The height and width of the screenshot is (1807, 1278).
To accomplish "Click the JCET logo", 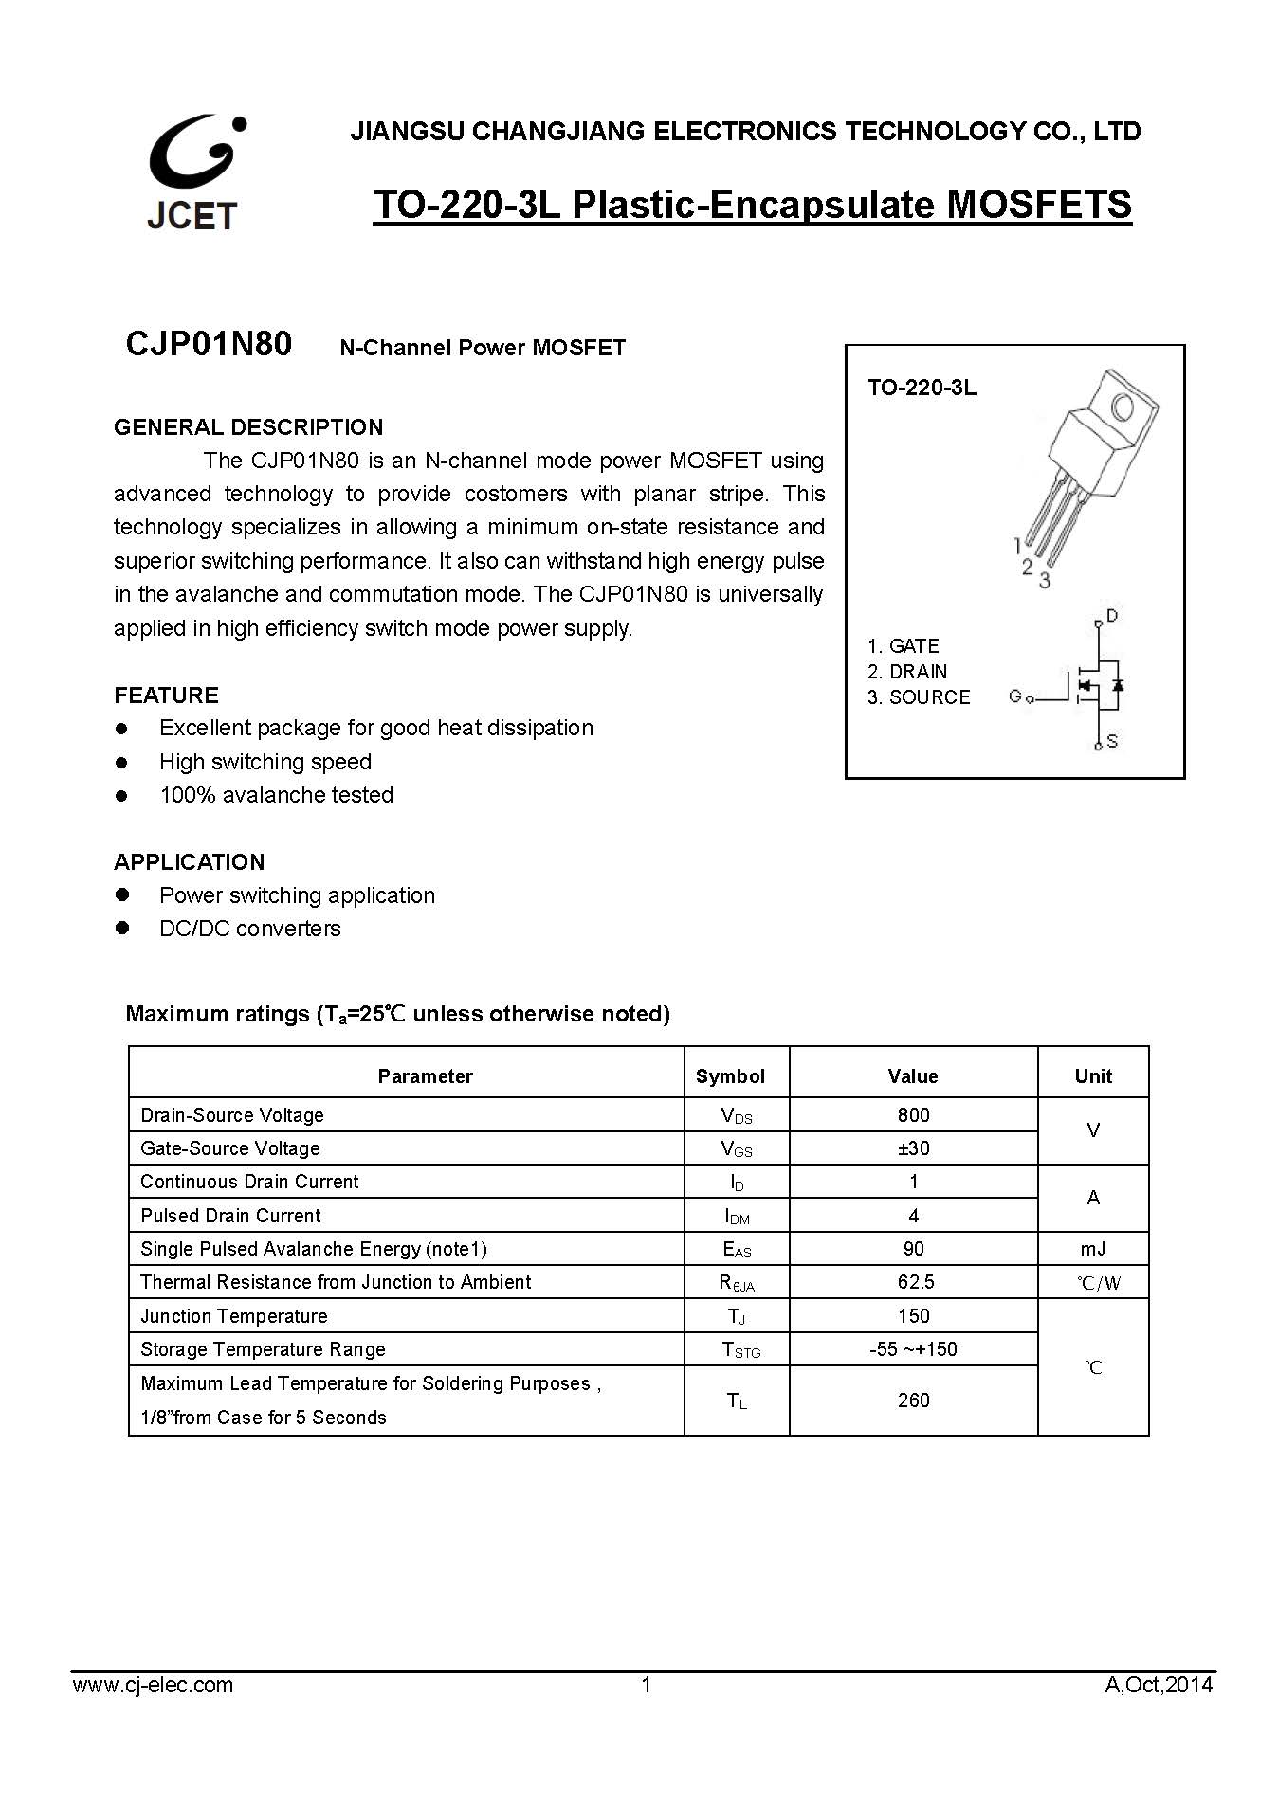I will pos(193,173).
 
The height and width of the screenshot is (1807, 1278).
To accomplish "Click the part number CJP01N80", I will pos(209,344).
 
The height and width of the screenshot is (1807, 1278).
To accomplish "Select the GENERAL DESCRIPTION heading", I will pos(248,426).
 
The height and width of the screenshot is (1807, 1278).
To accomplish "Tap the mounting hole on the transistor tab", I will pos(1123,408).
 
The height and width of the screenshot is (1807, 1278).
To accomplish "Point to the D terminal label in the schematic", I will pos(1112,616).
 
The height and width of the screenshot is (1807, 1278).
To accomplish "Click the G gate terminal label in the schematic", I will pos(1015,696).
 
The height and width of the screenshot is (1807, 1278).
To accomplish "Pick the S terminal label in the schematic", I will pos(1112,742).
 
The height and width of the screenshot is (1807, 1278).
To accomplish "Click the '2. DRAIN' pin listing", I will pos(907,672).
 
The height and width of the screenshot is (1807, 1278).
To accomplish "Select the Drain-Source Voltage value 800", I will pos(913,1115).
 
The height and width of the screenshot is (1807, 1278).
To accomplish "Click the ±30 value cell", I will pos(913,1148).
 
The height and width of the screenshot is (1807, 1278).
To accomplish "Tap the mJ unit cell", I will pos(1092,1249).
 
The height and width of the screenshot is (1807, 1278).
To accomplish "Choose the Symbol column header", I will pos(730,1076).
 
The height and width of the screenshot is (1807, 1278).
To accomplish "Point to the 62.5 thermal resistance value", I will pos(913,1282).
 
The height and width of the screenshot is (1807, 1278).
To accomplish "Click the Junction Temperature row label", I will pos(234,1316).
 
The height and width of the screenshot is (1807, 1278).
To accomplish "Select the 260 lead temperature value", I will pos(913,1400).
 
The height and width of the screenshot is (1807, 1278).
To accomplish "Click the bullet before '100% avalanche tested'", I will pos(121,796).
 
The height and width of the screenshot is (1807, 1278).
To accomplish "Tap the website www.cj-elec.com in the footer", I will pos(153,1685).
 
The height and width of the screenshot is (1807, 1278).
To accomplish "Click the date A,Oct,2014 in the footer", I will pos(1159,1685).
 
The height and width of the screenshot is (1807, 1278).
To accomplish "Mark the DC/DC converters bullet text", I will pos(250,929).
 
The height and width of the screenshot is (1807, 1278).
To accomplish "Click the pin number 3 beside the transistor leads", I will pos(1045,580).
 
